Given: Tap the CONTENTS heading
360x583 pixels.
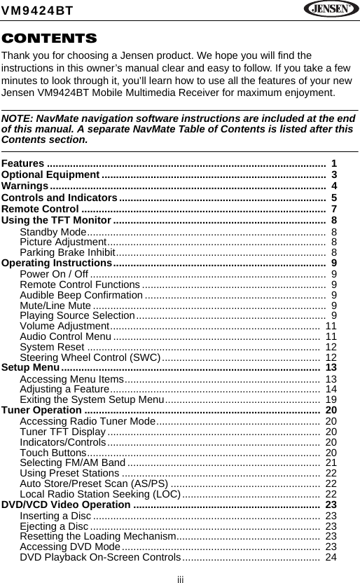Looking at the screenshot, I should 49,38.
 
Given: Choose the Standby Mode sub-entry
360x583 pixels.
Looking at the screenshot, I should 53,232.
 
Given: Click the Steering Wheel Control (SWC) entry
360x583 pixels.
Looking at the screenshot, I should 90,357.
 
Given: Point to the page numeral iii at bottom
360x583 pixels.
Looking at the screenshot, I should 180,578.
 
